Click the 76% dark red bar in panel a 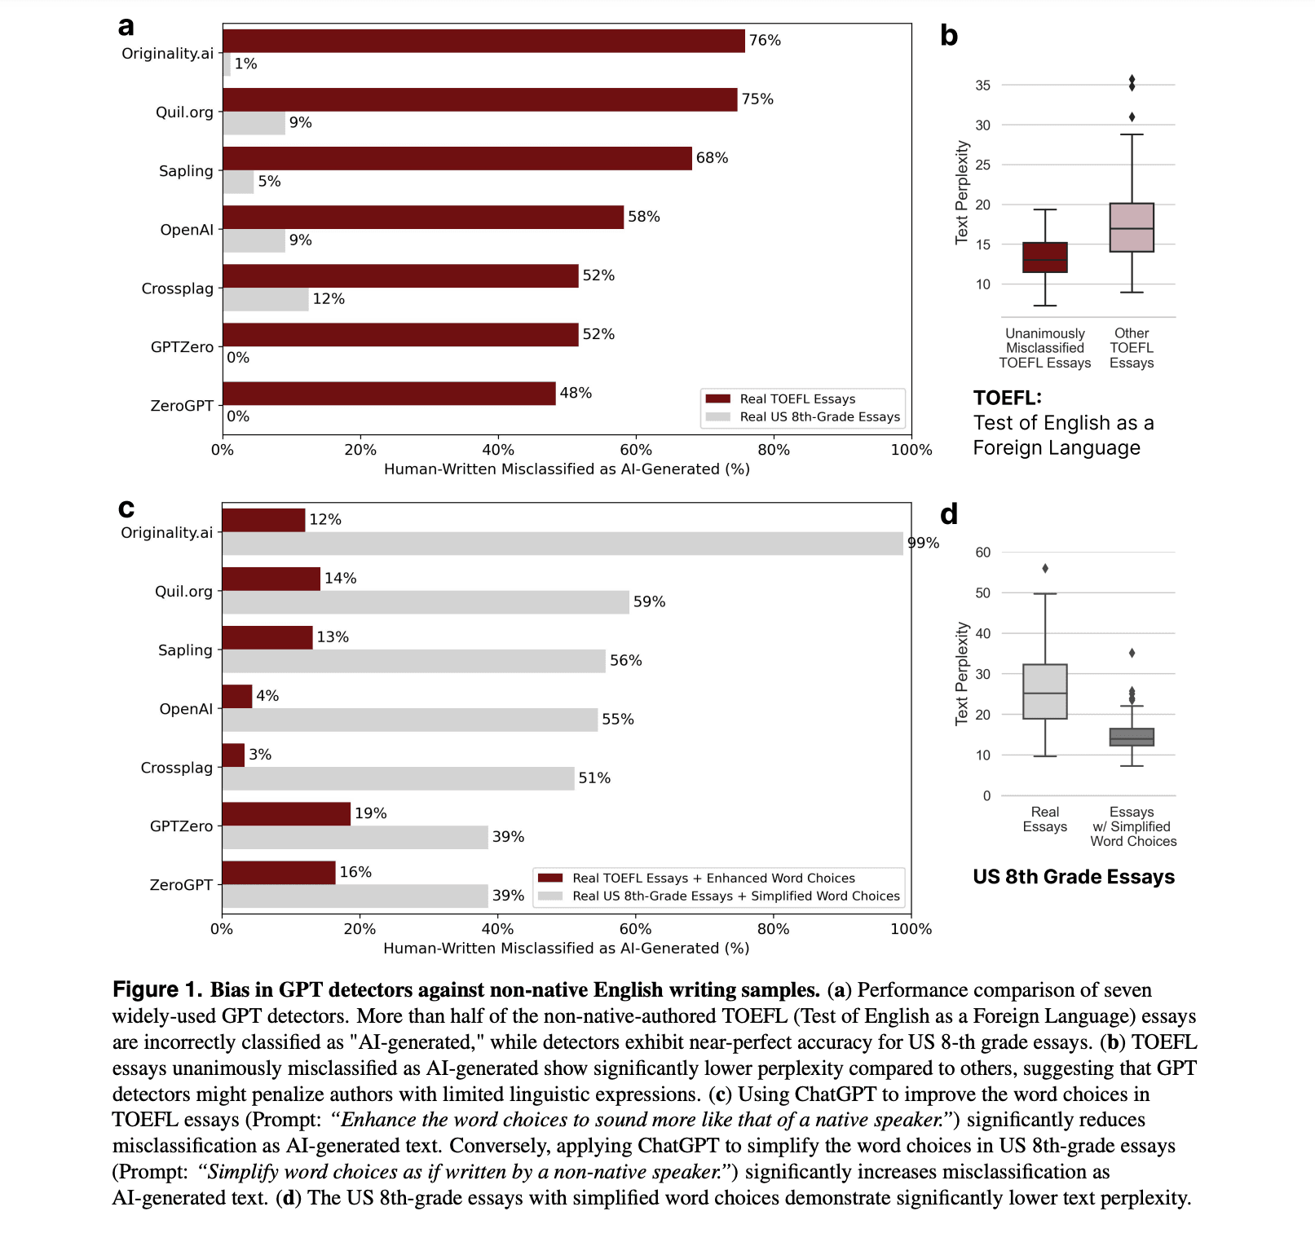(x=483, y=41)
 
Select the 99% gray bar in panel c (x=563, y=544)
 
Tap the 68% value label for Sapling (x=712, y=158)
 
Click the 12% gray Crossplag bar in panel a (x=266, y=299)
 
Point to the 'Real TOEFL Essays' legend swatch (x=718, y=399)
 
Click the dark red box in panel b (x=1044, y=258)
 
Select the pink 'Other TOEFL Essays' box (x=1132, y=227)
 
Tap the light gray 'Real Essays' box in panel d (x=1044, y=691)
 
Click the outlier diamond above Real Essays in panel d (x=1045, y=568)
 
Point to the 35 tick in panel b (x=982, y=86)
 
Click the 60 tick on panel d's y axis (x=982, y=553)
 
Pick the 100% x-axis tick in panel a (x=911, y=450)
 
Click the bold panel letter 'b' (x=948, y=36)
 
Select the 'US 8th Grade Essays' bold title (x=1073, y=877)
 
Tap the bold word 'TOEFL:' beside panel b (x=1007, y=398)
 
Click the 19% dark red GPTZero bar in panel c (x=286, y=814)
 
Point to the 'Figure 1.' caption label (x=157, y=989)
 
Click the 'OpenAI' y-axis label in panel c (x=186, y=709)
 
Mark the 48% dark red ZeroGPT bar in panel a (x=389, y=394)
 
